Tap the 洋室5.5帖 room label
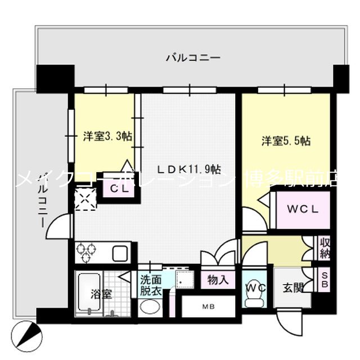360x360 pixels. click(x=286, y=141)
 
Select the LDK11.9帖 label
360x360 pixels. click(x=188, y=169)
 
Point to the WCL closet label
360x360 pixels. click(x=303, y=209)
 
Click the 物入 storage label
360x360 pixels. click(x=218, y=280)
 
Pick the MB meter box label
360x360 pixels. click(x=208, y=307)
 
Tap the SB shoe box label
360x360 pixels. click(x=324, y=280)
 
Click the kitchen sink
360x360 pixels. click(x=121, y=254)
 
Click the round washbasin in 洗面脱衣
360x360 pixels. click(x=150, y=307)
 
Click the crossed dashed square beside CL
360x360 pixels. click(x=86, y=199)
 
